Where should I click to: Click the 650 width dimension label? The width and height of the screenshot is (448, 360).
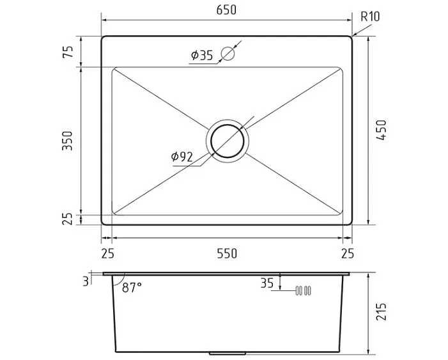point(226,10)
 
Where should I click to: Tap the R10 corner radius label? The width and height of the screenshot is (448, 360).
point(370,17)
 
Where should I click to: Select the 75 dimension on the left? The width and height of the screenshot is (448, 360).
point(68,51)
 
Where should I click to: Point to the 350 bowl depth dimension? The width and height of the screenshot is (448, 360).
point(68,141)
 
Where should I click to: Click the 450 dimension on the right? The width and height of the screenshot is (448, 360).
point(381,130)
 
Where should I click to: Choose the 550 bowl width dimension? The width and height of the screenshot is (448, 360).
point(227,253)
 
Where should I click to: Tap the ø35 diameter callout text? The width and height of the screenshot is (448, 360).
point(202,55)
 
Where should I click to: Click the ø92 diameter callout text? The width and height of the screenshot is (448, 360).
point(182,157)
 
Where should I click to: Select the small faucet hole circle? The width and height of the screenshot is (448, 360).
point(228,54)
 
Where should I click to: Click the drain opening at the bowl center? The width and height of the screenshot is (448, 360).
point(228,141)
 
